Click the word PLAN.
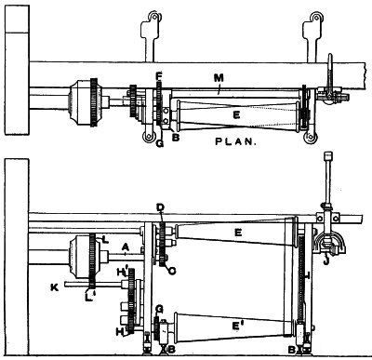tap(236, 141)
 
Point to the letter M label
tap(219, 77)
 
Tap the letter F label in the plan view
tap(159, 76)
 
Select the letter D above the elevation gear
tap(160, 207)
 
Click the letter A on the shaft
tap(126, 247)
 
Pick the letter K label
tap(55, 287)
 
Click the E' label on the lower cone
tap(236, 326)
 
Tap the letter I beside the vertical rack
tap(307, 274)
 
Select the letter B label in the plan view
tap(176, 138)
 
